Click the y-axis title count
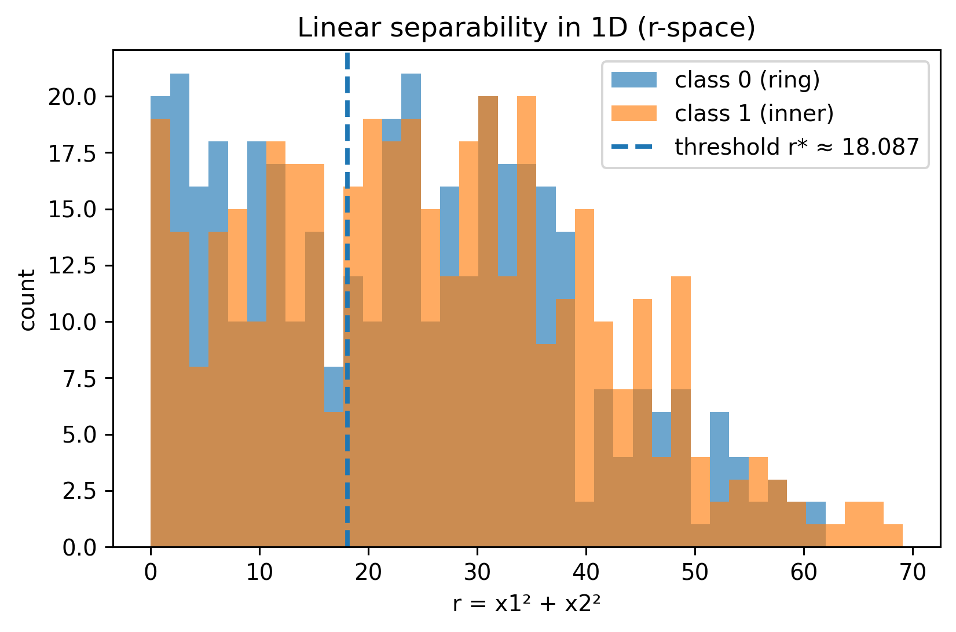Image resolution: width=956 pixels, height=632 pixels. [x=28, y=299]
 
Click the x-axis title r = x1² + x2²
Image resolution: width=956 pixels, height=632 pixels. [x=526, y=604]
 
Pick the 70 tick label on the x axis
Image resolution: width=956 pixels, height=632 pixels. [x=913, y=572]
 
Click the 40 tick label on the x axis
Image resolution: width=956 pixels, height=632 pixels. [x=586, y=572]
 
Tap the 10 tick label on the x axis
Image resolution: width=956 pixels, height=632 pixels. [x=259, y=572]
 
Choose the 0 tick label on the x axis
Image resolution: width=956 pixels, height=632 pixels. [x=151, y=572]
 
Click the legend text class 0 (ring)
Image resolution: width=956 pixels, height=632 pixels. [x=747, y=80]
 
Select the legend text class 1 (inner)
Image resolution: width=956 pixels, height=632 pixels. [x=754, y=114]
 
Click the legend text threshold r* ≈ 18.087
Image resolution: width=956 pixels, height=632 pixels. [x=797, y=147]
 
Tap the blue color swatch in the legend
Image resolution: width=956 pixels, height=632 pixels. [x=634, y=80]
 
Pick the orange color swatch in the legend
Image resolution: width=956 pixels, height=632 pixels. [x=634, y=114]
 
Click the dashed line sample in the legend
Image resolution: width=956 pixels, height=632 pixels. [x=634, y=147]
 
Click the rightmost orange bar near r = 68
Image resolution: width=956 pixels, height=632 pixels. [x=893, y=536]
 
